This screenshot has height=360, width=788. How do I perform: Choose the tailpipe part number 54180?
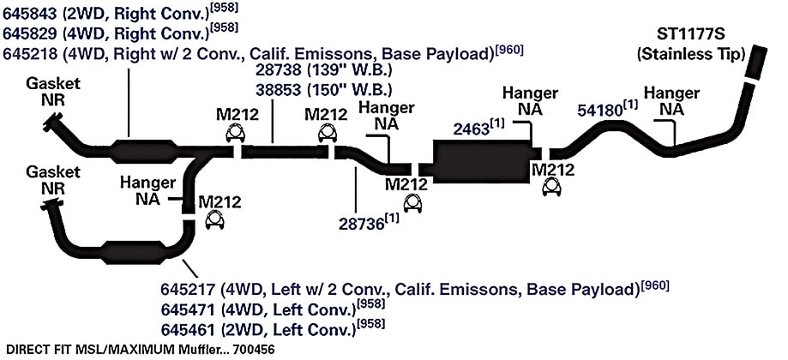600,111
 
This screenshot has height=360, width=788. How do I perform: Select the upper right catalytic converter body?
144,151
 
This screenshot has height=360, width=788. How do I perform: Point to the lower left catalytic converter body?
135,251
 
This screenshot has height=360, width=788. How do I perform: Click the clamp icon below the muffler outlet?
552,187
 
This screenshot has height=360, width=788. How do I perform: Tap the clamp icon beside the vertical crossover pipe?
214,220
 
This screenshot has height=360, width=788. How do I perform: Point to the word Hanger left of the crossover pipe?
148,183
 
